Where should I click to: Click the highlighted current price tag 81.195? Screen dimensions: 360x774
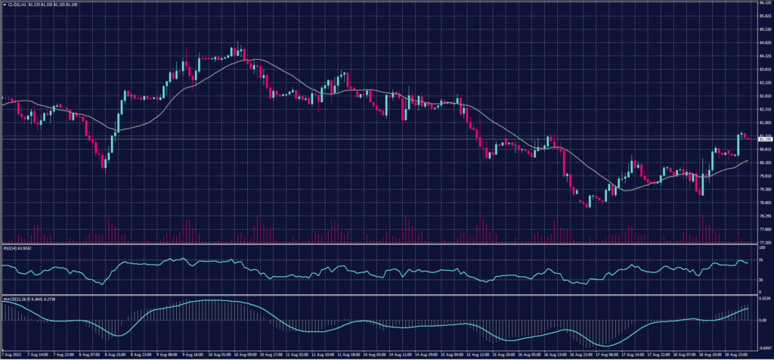(765, 140)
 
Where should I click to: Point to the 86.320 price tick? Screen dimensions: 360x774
(764, 3)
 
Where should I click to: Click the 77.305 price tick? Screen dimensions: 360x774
(764, 242)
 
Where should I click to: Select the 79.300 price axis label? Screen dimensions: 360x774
(764, 189)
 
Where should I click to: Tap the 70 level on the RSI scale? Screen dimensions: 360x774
(761, 260)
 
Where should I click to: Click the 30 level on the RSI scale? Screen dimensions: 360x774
(761, 280)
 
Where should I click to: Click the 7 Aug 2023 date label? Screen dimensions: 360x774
(11, 354)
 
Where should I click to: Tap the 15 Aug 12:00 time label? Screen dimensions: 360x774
(479, 354)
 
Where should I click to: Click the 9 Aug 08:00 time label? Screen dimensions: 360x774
(167, 354)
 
